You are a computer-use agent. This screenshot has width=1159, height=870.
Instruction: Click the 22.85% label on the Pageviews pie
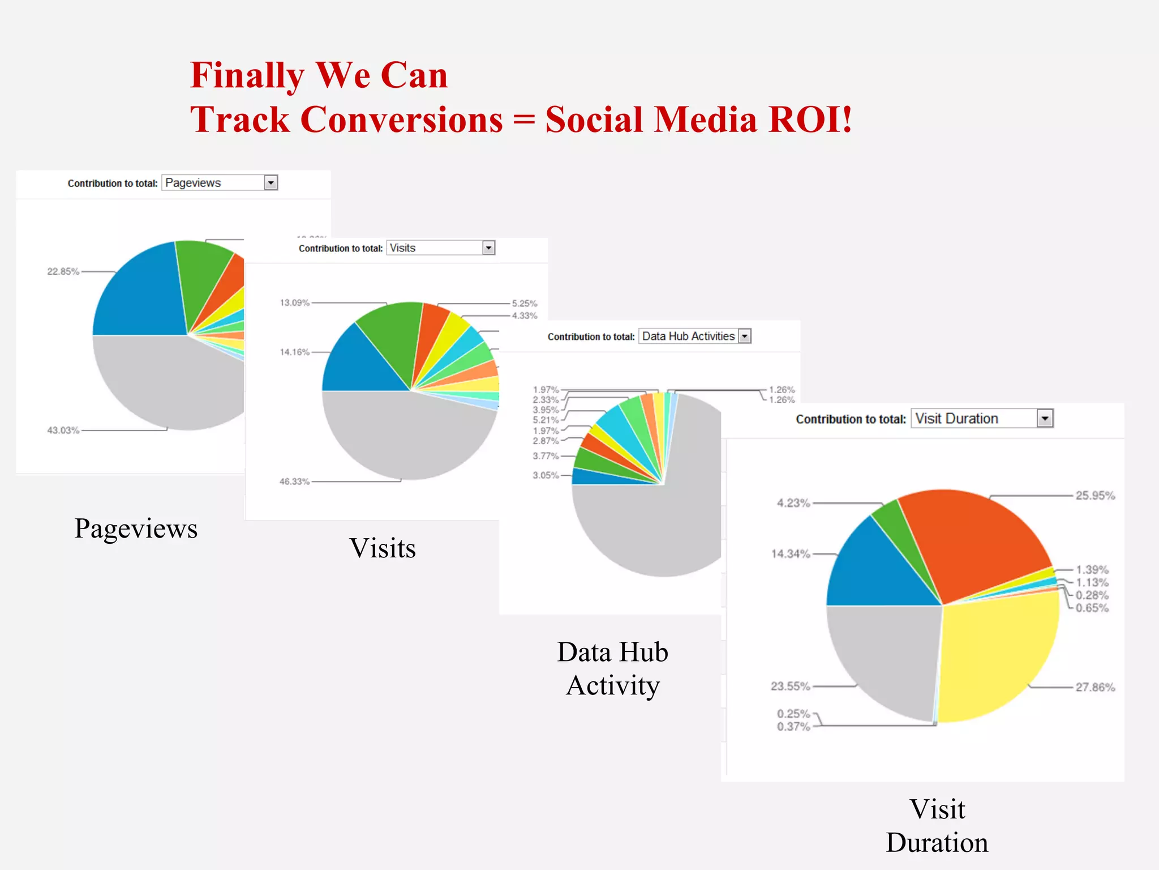click(63, 271)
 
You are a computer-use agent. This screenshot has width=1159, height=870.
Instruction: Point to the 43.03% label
click(63, 430)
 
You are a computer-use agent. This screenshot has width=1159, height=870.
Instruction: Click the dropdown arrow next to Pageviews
click(271, 183)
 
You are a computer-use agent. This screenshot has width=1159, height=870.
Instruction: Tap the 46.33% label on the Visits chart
click(294, 481)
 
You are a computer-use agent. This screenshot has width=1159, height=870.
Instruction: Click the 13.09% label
click(294, 302)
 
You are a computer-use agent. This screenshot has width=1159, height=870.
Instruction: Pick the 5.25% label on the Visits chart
click(525, 304)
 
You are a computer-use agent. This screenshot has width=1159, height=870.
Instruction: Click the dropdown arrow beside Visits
click(488, 248)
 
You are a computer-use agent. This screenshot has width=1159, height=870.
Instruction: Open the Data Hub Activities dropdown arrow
click(745, 336)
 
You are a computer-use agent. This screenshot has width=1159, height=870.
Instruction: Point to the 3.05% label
click(545, 475)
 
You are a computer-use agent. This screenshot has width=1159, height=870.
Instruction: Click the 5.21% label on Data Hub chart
click(545, 420)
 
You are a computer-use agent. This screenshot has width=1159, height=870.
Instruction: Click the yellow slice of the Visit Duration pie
click(996, 657)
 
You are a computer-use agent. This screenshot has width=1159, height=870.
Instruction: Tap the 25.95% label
click(1095, 496)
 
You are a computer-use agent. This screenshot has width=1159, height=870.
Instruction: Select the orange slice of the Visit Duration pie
click(973, 538)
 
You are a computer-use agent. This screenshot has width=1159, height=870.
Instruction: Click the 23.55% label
click(790, 686)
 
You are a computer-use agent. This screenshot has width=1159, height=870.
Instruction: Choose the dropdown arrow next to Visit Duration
click(1045, 419)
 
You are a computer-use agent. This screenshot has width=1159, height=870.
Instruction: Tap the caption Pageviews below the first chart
click(136, 529)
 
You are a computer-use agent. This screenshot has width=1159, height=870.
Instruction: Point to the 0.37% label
click(793, 727)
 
